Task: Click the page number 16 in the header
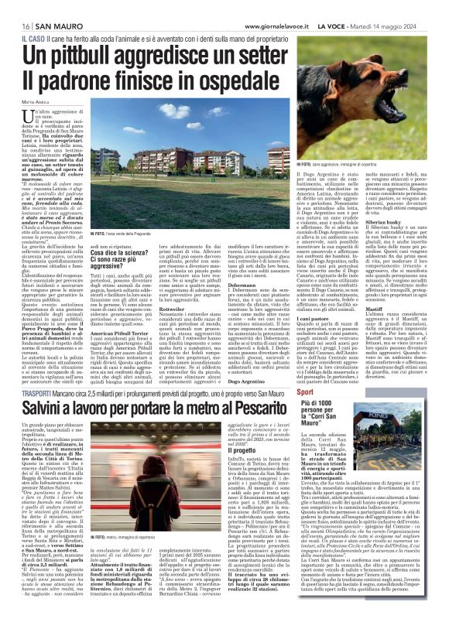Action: coord(15,8)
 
